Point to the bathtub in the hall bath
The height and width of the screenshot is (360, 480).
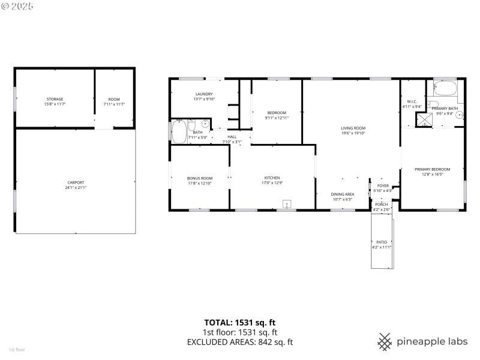(179, 131)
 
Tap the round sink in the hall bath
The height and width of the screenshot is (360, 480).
(205, 125)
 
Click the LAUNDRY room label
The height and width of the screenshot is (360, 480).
(204, 95)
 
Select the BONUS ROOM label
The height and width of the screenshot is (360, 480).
(200, 178)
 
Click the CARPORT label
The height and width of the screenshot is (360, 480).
(76, 182)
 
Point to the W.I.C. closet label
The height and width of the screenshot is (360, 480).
(412, 101)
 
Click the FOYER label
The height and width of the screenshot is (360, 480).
(382, 186)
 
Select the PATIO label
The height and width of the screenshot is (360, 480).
(382, 242)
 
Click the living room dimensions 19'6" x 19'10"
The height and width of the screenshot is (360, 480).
(353, 134)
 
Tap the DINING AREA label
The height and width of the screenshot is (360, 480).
(342, 194)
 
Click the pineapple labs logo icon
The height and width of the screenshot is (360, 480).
(385, 341)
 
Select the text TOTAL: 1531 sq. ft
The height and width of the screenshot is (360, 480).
(240, 322)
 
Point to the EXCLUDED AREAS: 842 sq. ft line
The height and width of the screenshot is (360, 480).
(240, 343)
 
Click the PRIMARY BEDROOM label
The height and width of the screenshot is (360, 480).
(432, 169)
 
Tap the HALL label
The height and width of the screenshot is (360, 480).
(232, 137)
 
